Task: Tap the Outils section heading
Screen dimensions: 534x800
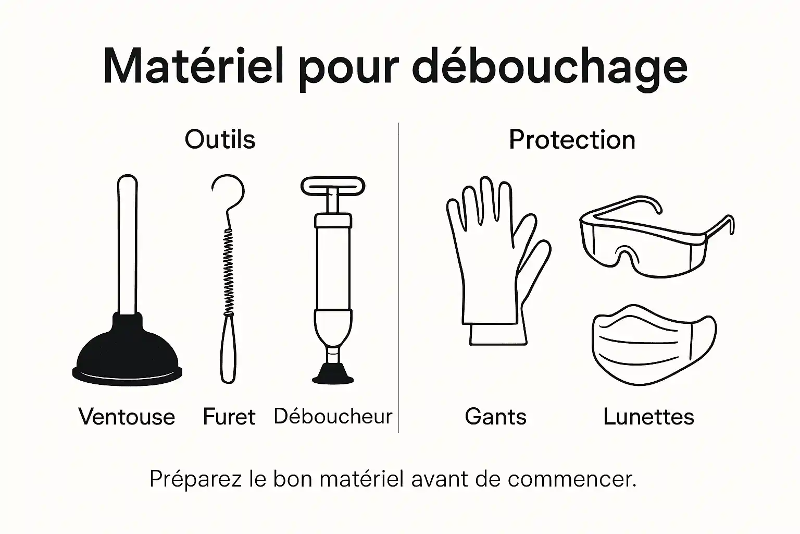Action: [220, 140]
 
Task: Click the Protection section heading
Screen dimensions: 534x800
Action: [572, 140]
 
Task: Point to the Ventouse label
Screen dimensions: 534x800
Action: [127, 417]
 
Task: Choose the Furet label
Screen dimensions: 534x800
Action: [229, 417]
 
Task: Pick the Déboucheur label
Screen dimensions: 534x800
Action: [333, 416]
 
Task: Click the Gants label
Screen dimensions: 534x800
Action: [495, 417]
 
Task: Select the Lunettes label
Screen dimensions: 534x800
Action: [648, 417]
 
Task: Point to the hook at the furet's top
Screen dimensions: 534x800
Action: [229, 190]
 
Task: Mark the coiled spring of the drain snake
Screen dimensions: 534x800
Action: [228, 271]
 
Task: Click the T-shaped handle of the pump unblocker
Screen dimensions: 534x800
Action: [333, 186]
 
